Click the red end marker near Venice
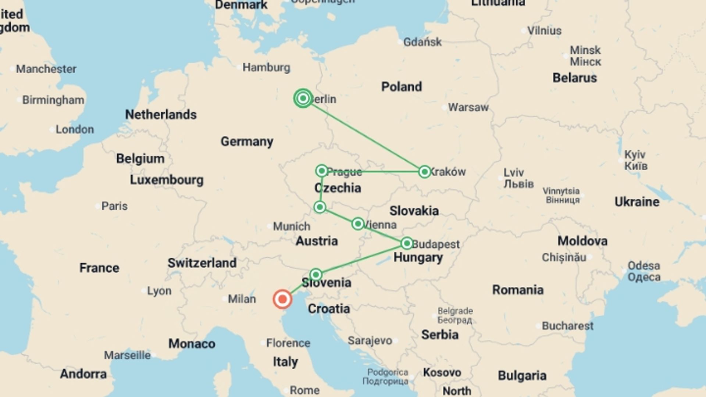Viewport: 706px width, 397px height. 282,299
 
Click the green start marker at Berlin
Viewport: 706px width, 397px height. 303,98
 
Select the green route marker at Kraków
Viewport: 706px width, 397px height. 424,171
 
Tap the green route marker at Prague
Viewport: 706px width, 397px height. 322,171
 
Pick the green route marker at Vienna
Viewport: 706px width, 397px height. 358,223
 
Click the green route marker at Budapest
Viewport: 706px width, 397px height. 407,243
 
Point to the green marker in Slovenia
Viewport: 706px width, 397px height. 316,275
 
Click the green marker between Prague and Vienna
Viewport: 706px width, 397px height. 320,207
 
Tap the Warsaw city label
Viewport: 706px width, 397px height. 468,107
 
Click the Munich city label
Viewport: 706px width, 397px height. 292,226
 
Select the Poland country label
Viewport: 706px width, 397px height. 401,87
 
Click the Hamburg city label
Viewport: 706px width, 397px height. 266,67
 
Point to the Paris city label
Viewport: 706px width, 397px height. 114,206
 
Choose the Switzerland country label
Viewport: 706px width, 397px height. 202,263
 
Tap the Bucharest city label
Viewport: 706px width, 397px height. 567,326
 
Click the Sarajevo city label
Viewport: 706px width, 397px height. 370,340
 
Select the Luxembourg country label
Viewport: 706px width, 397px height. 167,180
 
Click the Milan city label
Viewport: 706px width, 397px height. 242,299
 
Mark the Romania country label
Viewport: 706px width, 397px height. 518,290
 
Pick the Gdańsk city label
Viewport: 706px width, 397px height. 422,42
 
